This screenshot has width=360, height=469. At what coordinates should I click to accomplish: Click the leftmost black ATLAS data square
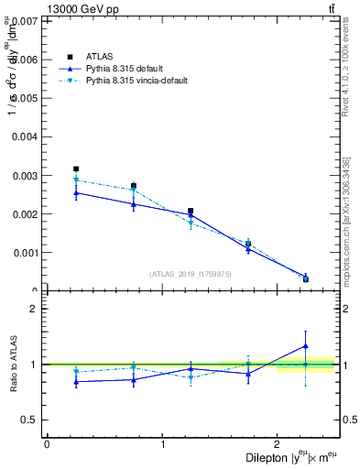coord(76,169)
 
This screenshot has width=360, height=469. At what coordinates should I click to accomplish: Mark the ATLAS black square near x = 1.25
coord(191,211)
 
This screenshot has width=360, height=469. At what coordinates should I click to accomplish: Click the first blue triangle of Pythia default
coord(76,192)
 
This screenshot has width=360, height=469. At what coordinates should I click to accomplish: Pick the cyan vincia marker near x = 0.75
coord(134,191)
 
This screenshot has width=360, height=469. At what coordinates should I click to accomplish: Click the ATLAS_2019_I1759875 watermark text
coord(191,273)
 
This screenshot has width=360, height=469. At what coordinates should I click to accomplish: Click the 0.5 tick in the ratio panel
coord(30,420)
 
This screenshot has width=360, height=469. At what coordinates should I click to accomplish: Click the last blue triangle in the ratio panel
coord(306,346)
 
